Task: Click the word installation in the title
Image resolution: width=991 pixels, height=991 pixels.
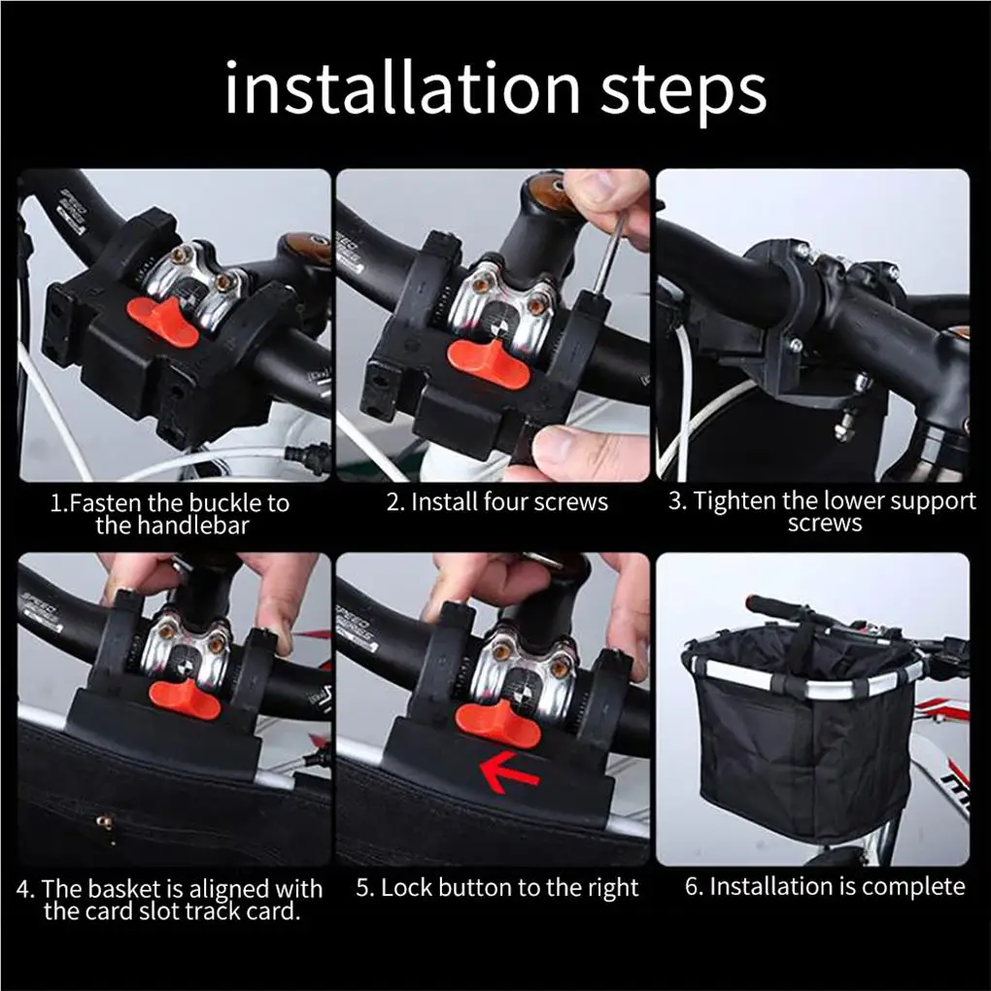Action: tap(402, 87)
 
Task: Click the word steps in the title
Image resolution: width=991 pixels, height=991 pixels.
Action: tap(683, 92)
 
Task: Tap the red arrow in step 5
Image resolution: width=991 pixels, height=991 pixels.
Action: tap(509, 773)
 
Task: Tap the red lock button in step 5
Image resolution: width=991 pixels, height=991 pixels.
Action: tap(497, 723)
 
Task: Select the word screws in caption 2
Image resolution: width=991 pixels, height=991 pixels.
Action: tap(569, 503)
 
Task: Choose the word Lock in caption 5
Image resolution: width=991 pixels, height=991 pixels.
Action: tap(404, 887)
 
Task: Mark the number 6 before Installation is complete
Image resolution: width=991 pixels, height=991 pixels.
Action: tap(692, 887)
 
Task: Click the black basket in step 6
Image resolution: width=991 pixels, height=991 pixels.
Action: tap(803, 734)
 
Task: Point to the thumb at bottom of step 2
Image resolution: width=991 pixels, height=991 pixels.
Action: tap(585, 451)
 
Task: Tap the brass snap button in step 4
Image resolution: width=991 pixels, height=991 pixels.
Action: tap(105, 822)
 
